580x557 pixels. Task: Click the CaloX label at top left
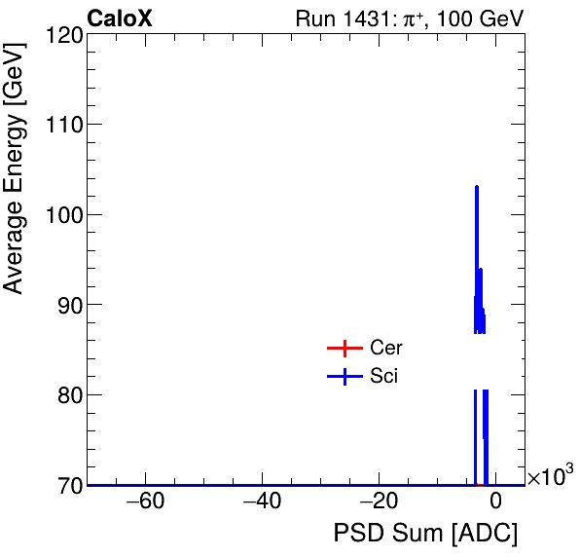[120, 19]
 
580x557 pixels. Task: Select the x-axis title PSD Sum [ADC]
[425, 534]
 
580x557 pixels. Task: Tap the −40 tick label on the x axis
[262, 503]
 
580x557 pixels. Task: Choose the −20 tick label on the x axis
[379, 503]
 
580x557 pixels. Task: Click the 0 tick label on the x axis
[495, 503]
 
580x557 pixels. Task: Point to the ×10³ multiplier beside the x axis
[549, 476]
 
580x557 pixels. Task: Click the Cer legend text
[386, 349]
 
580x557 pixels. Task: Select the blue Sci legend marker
[344, 377]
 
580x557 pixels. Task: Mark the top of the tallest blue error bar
[477, 186]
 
